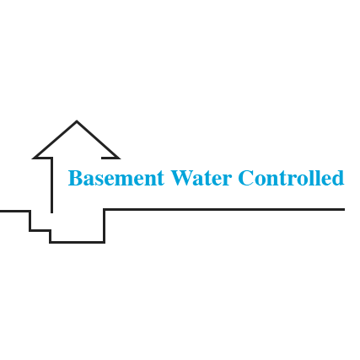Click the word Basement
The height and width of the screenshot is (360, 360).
(116, 178)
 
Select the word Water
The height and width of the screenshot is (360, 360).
(201, 178)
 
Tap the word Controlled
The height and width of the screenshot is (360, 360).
(292, 178)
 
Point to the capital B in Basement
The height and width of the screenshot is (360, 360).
(75, 178)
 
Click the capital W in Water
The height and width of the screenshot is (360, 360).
(182, 178)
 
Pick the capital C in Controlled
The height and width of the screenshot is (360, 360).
(246, 178)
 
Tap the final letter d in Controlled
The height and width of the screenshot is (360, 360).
(338, 178)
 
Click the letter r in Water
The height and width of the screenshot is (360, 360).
(227, 180)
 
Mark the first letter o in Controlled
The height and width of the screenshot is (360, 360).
(261, 180)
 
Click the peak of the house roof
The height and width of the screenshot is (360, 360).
(77, 121)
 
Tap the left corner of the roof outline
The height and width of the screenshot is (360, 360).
(33, 158)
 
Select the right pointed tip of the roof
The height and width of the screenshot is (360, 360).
(120, 159)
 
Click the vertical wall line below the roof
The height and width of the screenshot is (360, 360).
(51, 185)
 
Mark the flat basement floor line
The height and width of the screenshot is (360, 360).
(78, 242)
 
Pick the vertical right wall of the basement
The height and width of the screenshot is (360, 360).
(104, 226)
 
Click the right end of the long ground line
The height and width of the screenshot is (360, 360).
(345, 209)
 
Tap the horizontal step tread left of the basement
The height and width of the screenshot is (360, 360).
(40, 230)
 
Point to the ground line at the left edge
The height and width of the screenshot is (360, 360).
(1, 211)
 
